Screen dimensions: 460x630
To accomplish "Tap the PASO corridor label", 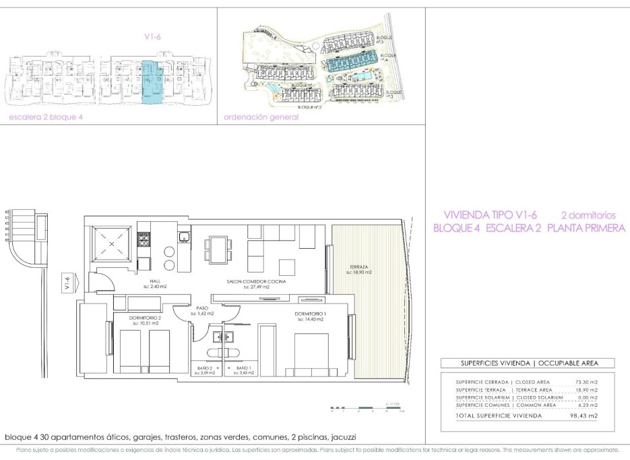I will (x=201, y=311).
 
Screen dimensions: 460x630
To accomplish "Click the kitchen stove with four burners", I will (x=144, y=239).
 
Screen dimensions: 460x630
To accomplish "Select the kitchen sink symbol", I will (x=183, y=236).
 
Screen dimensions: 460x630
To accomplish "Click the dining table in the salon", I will (x=216, y=250).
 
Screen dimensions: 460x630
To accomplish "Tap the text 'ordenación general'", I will (x=261, y=117).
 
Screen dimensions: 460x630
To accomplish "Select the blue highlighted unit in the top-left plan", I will (x=152, y=80).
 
